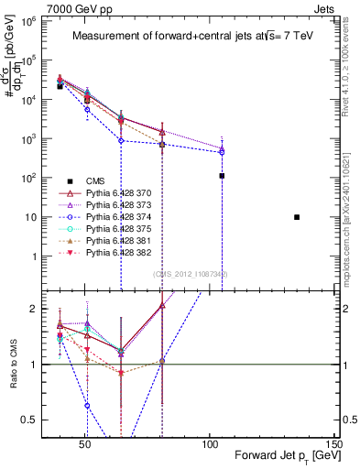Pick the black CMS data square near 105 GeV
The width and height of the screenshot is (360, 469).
tap(222, 176)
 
